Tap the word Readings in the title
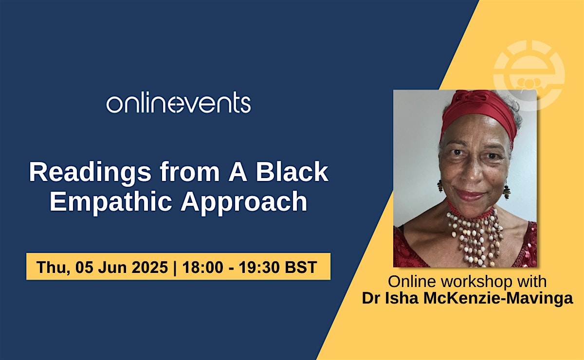pyautogui.click(x=90, y=173)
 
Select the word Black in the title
pyautogui.click(x=292, y=172)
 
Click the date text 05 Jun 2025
pyautogui.click(x=122, y=267)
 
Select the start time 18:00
pyautogui.click(x=203, y=267)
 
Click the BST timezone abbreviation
pyautogui.click(x=301, y=267)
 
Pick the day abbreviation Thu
pyautogui.click(x=53, y=268)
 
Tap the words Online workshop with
pyautogui.click(x=467, y=281)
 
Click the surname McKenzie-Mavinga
pyautogui.click(x=498, y=298)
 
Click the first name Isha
pyautogui.click(x=402, y=298)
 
